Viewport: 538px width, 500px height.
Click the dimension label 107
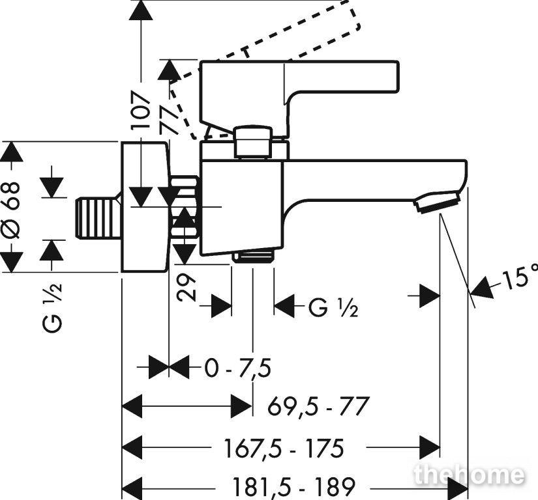tap(142, 109)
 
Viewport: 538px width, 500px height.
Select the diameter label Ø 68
tap(11, 210)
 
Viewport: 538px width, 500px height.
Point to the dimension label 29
tap(187, 287)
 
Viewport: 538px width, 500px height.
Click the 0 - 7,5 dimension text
tap(238, 368)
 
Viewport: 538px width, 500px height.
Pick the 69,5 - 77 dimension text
tap(318, 406)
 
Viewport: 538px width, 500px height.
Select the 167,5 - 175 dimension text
tap(284, 448)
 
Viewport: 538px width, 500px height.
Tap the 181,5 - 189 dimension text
tap(293, 486)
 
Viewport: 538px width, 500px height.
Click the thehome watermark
tap(469, 475)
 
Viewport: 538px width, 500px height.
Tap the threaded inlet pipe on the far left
tap(97, 218)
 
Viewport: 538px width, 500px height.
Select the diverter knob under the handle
tap(253, 142)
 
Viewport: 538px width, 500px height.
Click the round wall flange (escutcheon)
tap(145, 207)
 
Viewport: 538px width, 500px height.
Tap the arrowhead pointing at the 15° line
tap(482, 288)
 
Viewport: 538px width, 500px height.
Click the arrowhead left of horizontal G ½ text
tap(284, 306)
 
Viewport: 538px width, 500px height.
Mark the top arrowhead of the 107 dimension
tap(142, 10)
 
